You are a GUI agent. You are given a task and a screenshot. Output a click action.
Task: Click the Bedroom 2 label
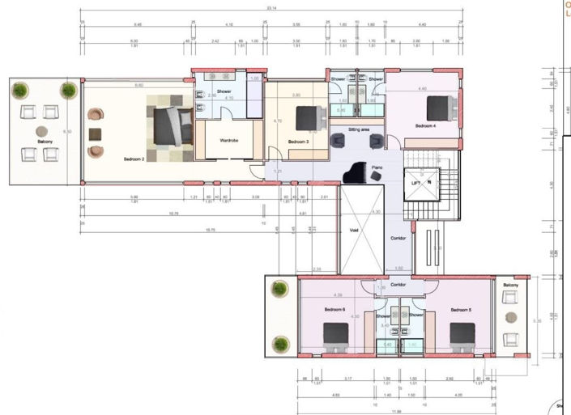pos(134,159)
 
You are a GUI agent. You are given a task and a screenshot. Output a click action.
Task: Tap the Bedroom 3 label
pos(298,143)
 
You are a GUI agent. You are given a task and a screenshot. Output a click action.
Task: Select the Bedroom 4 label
pos(426,126)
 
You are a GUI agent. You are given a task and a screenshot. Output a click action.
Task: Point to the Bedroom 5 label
pos(461,310)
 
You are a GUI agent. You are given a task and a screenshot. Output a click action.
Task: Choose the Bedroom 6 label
pos(335,310)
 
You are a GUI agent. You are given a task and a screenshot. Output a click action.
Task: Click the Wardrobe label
pos(229,141)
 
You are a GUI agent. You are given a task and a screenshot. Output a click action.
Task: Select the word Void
pos(353,231)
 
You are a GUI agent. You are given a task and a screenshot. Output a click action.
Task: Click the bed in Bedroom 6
pos(336,335)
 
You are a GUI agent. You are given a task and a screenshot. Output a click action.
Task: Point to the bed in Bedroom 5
pos(462,335)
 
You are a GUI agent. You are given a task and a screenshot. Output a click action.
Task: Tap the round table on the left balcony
pos(40,131)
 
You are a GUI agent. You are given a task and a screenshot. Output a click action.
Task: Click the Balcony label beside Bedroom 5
pos(510,286)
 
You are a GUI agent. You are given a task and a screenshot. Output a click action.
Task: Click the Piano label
pos(377,167)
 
